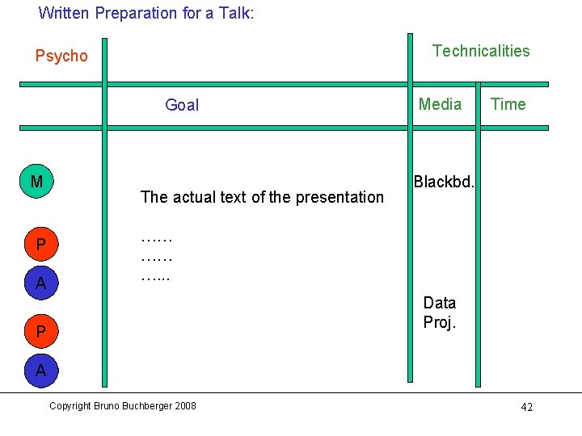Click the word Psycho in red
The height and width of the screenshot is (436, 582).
coord(61,56)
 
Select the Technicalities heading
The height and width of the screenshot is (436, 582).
coord(481,51)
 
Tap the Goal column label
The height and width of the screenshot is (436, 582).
coord(182,105)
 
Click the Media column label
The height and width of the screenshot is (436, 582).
coord(440,104)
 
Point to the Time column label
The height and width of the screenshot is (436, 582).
coord(508,104)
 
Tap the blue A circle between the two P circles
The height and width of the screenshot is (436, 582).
coord(40,283)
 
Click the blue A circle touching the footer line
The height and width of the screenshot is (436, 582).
coord(40,371)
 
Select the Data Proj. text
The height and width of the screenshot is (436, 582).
coord(440,312)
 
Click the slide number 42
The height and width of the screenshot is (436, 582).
coord(526,407)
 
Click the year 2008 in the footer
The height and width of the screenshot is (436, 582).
coord(184,405)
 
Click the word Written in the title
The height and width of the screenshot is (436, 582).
coord(64,13)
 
